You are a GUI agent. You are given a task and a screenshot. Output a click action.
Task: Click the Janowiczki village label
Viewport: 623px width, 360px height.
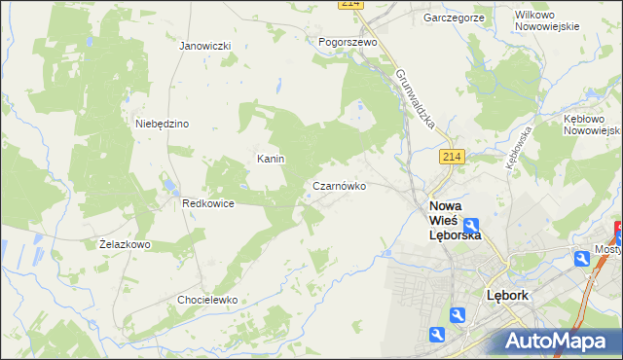(204, 46)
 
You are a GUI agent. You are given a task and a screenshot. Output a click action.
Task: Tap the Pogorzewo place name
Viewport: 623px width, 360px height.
(348, 42)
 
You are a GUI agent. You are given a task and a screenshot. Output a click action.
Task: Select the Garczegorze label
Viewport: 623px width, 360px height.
(454, 18)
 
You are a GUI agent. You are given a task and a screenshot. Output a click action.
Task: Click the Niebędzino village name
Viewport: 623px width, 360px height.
(162, 124)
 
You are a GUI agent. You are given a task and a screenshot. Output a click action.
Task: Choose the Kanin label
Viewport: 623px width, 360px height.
(270, 159)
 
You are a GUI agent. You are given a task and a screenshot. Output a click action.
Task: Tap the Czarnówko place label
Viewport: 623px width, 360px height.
(339, 186)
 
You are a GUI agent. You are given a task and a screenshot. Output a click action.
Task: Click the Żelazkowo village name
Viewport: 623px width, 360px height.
(125, 244)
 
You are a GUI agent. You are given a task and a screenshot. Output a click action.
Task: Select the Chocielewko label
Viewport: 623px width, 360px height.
(207, 300)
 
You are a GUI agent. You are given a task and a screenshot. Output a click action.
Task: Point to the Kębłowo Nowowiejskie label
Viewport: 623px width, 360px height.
(591, 123)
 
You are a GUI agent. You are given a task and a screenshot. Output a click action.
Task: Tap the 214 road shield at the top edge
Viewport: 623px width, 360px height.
(351, 5)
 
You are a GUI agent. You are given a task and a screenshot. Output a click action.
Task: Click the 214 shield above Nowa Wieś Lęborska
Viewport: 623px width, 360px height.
(450, 157)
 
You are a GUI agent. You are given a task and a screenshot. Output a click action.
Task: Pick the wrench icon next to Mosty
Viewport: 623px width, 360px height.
(581, 258)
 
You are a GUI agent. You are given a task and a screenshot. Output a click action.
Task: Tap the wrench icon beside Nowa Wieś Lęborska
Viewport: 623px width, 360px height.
(470, 226)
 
